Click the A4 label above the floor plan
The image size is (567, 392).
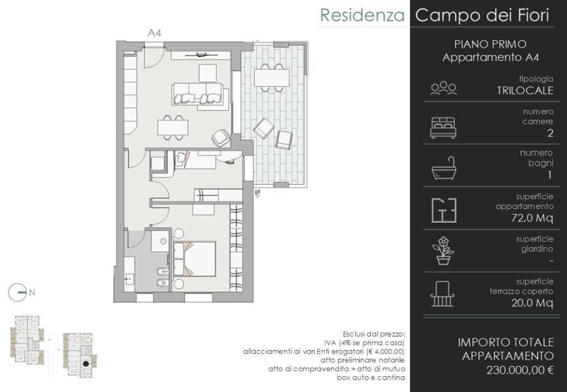click(154, 33)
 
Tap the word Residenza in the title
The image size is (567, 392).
click(362, 15)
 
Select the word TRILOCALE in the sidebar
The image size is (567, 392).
click(524, 90)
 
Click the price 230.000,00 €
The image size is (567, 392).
click(520, 370)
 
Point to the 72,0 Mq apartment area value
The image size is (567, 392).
click(532, 218)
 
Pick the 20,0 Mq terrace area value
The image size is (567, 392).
click(532, 302)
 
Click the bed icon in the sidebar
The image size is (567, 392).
click(443, 128)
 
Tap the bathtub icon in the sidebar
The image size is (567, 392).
click(444, 168)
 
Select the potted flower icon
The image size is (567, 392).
click(443, 251)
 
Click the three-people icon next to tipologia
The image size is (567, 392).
click(443, 88)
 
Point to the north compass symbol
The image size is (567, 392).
click(18, 292)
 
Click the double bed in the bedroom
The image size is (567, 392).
click(194, 259)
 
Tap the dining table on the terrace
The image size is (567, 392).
click(272, 78)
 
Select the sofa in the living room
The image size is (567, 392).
click(197, 94)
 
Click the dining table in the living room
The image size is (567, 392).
click(173, 127)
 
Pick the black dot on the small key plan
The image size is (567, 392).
click(86, 364)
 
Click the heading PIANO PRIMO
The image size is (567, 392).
click(490, 44)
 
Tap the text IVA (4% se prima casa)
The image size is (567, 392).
click(365, 343)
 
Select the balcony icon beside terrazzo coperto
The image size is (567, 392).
click(442, 294)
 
